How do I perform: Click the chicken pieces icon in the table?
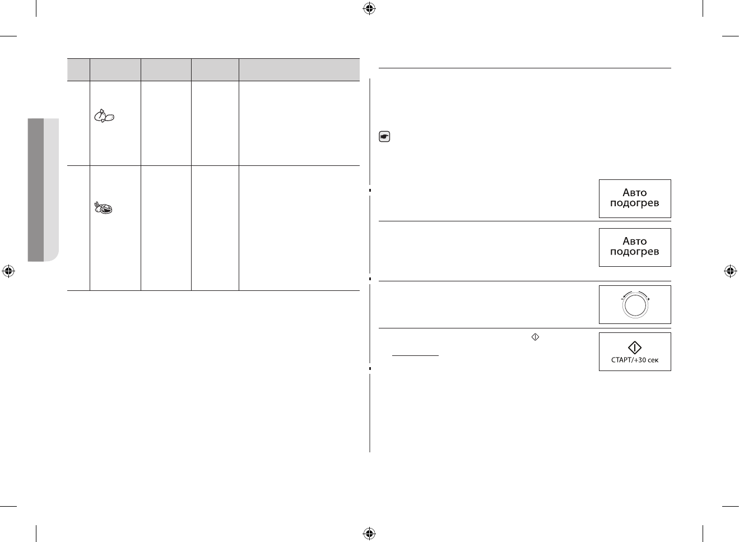(104, 117)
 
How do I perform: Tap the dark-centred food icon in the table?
(104, 208)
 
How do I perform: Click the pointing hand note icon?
(385, 136)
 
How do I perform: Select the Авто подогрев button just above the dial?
(634, 247)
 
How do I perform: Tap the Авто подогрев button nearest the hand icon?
(634, 198)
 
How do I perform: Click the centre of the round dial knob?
(635, 307)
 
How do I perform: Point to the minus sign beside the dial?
(622, 299)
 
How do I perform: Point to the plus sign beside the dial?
(648, 299)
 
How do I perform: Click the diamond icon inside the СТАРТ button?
(635, 348)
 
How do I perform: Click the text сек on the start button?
(653, 360)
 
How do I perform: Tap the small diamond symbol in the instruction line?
(535, 337)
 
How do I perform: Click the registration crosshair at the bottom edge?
(369, 533)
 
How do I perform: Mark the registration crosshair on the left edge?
(8, 271)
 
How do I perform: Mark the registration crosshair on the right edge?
(730, 271)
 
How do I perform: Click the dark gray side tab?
(36, 189)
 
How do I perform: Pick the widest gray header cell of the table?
(299, 70)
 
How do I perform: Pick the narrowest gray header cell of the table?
(78, 70)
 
